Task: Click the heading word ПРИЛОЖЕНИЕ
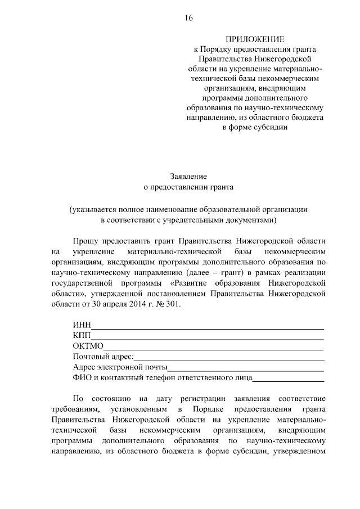coord(255,39)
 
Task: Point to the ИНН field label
coord(82,325)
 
